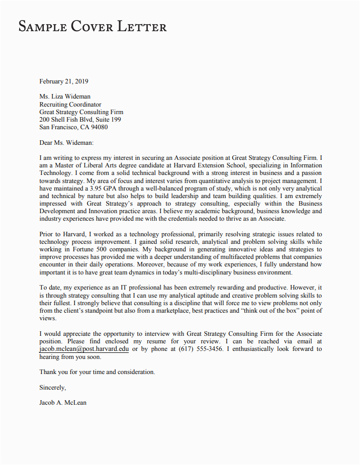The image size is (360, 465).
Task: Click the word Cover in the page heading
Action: (91, 26)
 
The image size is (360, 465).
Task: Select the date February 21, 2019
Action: (64, 81)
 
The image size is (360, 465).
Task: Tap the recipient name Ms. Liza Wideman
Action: (65, 97)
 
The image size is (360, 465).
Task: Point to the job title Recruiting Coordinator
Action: (70, 105)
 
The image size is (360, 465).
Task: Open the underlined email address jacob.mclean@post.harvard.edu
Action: (84, 349)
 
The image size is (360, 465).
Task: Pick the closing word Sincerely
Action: (52, 387)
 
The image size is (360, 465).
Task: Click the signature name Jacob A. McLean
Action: (63, 402)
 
